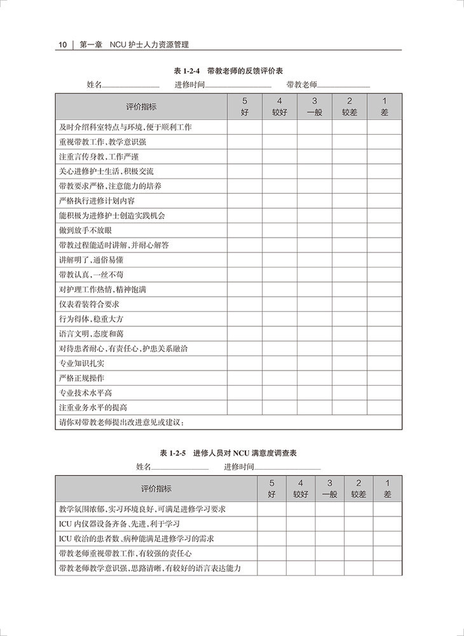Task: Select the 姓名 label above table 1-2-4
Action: click(x=93, y=85)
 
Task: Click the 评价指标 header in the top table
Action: click(x=141, y=106)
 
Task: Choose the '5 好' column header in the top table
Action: click(x=245, y=106)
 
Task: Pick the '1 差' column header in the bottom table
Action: click(x=388, y=488)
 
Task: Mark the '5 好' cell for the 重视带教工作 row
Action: click(x=245, y=142)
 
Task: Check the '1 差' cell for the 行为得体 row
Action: click(x=385, y=318)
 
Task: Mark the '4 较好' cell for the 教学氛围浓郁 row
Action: click(x=301, y=508)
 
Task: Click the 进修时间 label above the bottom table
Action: click(x=238, y=467)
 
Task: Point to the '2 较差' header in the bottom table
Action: click(x=358, y=488)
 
